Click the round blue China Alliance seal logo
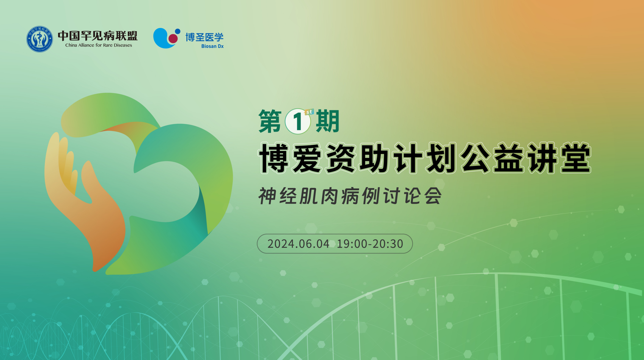(40, 39)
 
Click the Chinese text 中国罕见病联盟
(98, 36)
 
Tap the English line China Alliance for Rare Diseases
(99, 45)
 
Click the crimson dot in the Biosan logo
(173, 38)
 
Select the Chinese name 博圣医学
(204, 37)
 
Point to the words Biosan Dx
(212, 46)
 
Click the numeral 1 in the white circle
(298, 121)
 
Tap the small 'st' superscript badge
(309, 112)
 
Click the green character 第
(270, 121)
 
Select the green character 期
(328, 121)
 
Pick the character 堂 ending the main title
(575, 158)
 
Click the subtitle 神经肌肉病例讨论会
(350, 196)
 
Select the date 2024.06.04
(298, 244)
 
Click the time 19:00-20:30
(370, 244)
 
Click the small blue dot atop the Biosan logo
(178, 31)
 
